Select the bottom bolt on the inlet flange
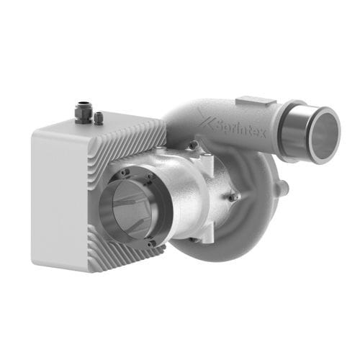click(x=150, y=243)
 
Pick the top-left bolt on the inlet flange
click(x=124, y=172)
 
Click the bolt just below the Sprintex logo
click(x=193, y=146)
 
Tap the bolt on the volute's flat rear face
click(x=234, y=196)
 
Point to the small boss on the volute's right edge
click(x=285, y=188)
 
